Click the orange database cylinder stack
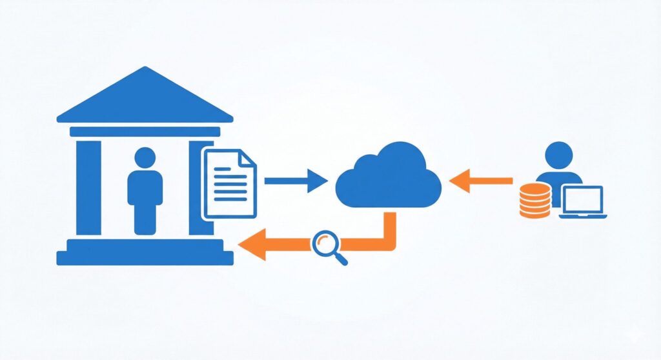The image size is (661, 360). (535, 199)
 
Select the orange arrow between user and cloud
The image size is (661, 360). (480, 181)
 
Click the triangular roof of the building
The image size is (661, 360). (145, 97)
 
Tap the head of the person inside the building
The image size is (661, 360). (145, 158)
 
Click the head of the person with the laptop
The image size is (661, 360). (558, 155)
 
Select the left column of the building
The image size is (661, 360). (88, 187)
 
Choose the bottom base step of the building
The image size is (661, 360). (145, 258)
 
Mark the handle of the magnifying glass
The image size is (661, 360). (340, 259)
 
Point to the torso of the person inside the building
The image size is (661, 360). (145, 194)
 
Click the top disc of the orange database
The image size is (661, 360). (535, 188)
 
